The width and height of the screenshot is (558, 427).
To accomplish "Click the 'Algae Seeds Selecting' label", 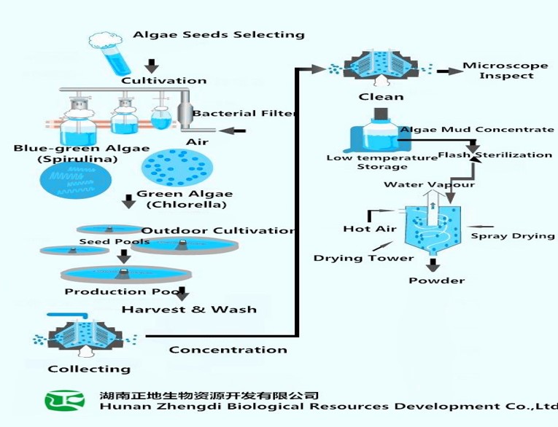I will coord(218,34).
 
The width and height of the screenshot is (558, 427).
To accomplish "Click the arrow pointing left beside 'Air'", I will coord(233,131).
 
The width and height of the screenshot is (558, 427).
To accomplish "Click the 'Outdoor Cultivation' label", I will coord(217,231).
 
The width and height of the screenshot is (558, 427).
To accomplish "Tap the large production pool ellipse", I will coord(127,275).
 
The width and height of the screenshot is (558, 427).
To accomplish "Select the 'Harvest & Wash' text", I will coord(189,309).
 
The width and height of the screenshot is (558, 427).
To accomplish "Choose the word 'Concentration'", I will coord(228,350).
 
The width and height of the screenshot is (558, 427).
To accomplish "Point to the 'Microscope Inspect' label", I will coord(505,71).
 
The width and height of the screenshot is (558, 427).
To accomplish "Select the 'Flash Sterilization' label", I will coord(495,154).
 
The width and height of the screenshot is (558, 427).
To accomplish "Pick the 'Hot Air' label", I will coord(369,229).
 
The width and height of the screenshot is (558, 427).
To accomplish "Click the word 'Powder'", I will coord(436,281).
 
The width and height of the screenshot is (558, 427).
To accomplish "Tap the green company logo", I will coord(65,402).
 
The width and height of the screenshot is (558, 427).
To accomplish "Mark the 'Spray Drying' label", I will coord(512,235).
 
